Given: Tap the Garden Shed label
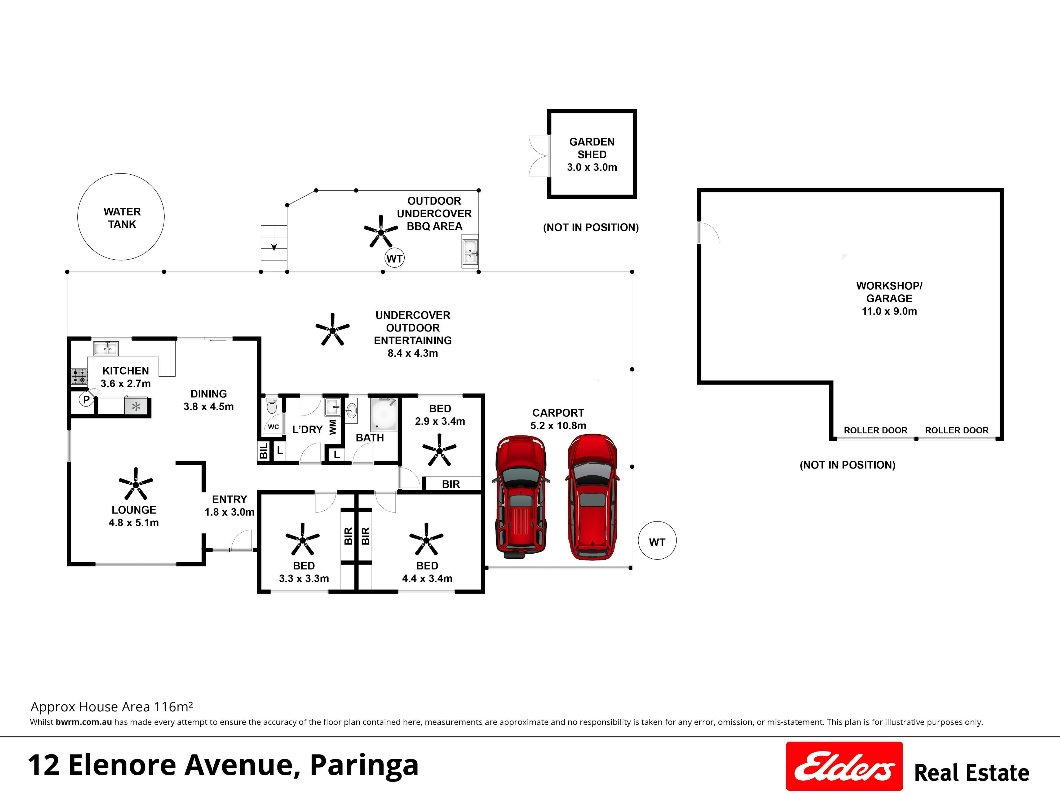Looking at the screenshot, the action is [x=592, y=148].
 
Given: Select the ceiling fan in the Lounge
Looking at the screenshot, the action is [x=136, y=484].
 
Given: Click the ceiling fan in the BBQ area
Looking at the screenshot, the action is [x=381, y=231].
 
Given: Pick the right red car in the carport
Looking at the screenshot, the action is [x=592, y=497].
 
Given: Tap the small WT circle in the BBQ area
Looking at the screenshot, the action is [x=394, y=259].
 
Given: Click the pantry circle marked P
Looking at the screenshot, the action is [x=86, y=399].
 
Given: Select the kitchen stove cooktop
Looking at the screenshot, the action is [x=79, y=376].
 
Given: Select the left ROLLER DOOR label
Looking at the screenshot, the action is [x=876, y=430].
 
